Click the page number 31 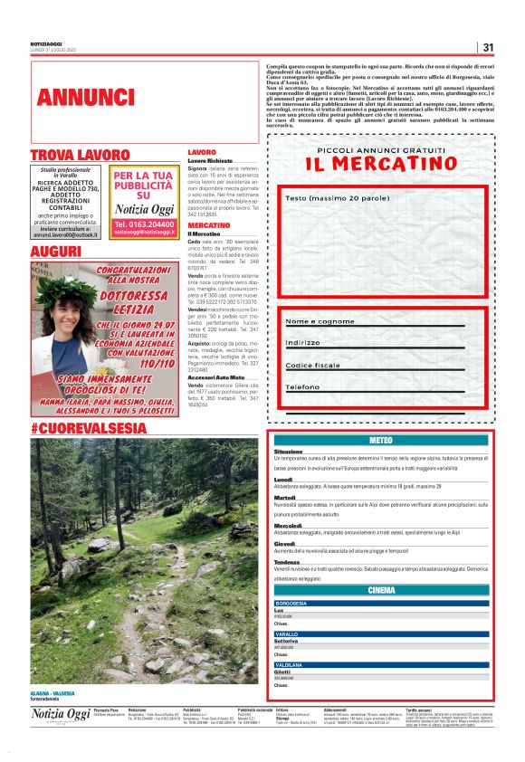[487, 47]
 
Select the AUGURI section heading [56, 251]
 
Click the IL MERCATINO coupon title [377, 164]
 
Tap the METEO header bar [381, 440]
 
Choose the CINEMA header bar [381, 590]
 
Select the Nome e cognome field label [320, 321]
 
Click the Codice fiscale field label [313, 365]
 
